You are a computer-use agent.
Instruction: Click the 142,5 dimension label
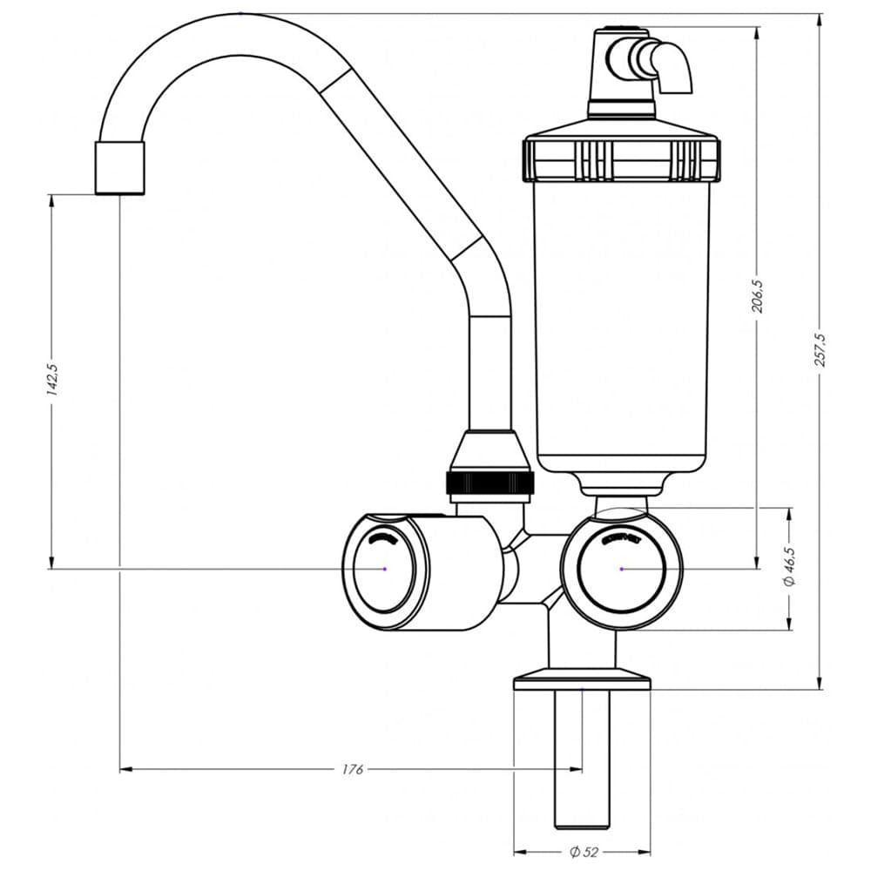click(x=51, y=380)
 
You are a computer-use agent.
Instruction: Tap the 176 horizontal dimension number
click(x=352, y=769)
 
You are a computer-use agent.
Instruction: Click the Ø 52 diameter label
click(x=584, y=851)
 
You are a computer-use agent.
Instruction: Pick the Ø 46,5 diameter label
click(x=789, y=567)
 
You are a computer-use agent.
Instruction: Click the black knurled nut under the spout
click(x=490, y=483)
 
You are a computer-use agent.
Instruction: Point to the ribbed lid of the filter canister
click(x=621, y=157)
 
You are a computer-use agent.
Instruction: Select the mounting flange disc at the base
click(x=582, y=679)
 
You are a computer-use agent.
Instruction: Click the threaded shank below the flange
click(x=581, y=758)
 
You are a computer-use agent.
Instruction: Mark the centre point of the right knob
click(x=622, y=569)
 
